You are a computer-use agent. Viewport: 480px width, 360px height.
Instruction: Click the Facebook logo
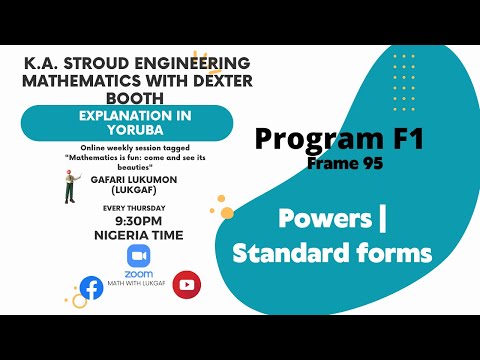(x=91, y=287)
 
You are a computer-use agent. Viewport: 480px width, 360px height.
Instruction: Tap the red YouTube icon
(x=186, y=285)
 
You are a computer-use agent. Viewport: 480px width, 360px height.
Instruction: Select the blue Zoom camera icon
(x=139, y=256)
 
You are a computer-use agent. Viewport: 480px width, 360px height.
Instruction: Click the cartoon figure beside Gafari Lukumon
(x=71, y=186)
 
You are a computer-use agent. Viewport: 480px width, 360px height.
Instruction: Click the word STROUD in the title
(x=104, y=63)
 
